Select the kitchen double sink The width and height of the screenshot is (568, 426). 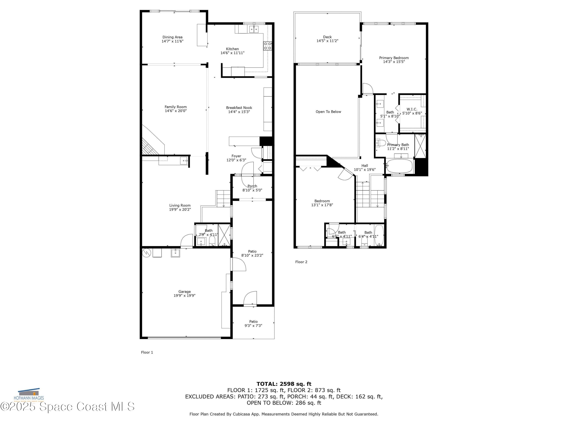coord(254,30)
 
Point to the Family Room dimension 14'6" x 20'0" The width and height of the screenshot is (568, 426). coord(176,111)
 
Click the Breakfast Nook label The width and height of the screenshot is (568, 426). coord(239,108)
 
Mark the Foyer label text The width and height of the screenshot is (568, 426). coord(236,156)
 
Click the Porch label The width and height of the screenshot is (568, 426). coord(252,186)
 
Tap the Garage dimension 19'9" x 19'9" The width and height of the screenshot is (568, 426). coord(184,296)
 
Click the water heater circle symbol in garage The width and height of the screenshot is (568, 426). coord(146,253)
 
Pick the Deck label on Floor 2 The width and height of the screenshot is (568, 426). coord(327,37)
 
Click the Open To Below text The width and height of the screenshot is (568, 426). coord(328,112)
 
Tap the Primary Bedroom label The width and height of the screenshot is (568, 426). coord(394,58)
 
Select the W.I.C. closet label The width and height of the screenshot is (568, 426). coord(412,109)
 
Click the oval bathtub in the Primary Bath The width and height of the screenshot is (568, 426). coord(399,166)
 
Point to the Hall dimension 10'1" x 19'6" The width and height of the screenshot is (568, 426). coord(365,170)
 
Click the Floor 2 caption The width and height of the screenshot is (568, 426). coord(301,262)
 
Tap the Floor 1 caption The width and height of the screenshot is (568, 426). coord(147,352)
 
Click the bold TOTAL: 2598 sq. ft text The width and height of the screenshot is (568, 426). coord(284,384)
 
